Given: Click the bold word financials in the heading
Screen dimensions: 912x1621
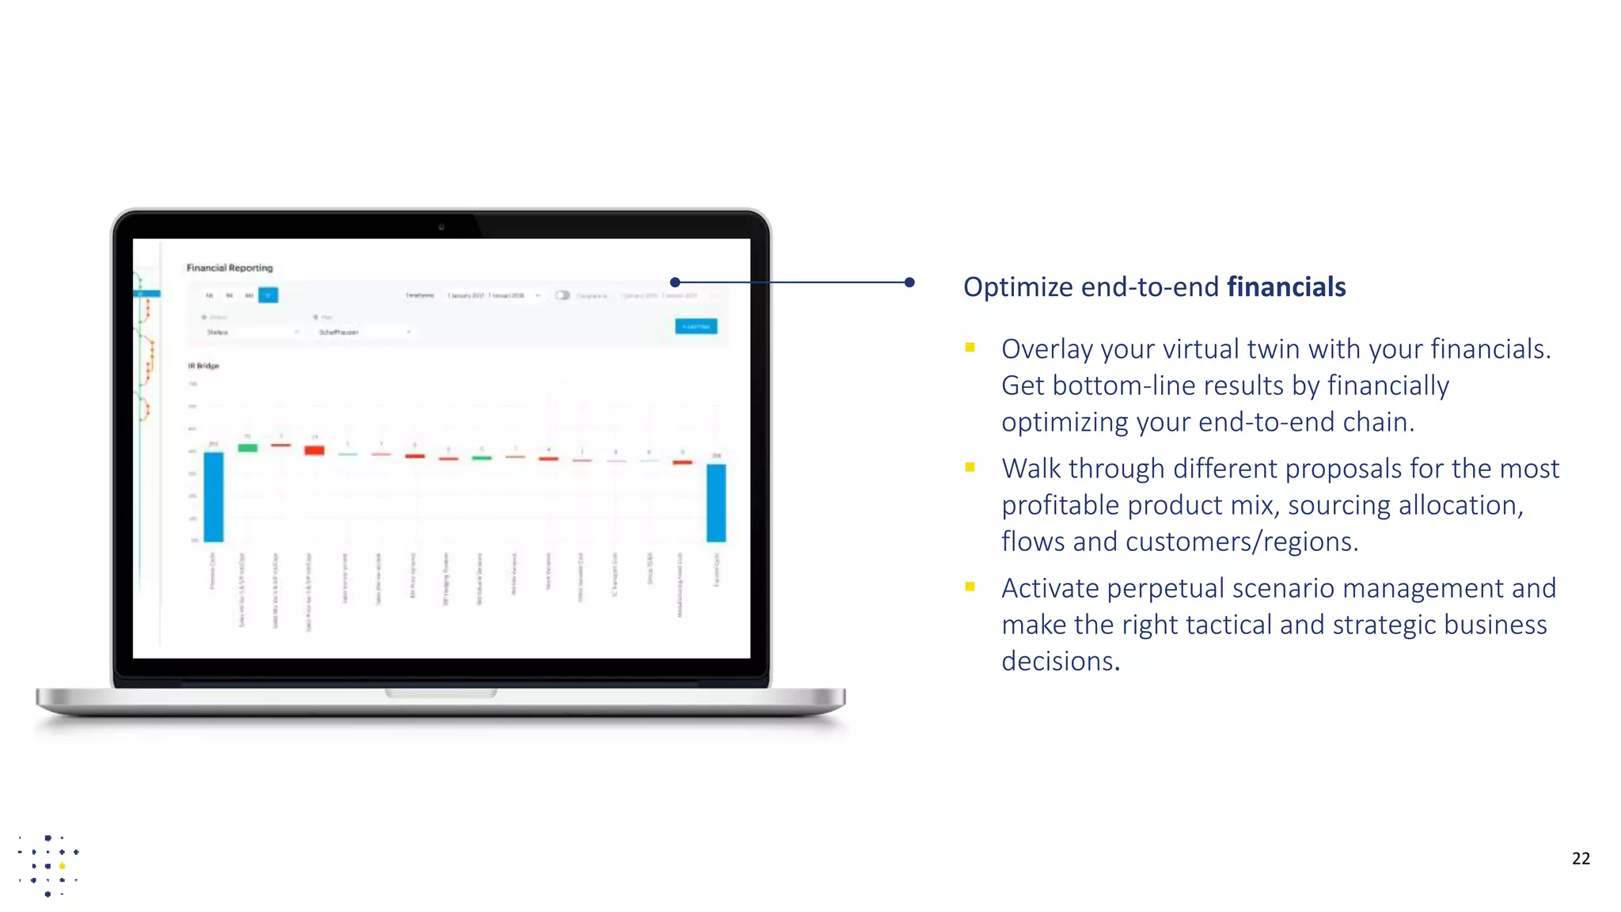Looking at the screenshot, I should coord(1285,287).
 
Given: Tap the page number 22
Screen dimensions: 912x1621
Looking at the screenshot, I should coord(1580,858).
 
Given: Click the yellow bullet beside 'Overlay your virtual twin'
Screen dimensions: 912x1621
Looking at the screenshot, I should coord(970,347).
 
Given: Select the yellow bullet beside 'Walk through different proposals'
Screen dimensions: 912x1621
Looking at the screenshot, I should coord(970,467).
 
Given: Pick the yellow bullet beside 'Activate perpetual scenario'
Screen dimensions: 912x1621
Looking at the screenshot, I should coord(970,587).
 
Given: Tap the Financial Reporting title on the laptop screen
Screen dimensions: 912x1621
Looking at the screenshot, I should coord(230,268).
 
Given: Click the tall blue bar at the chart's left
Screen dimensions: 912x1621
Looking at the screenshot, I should coord(214,496).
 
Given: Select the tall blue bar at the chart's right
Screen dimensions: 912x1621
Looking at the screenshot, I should coord(716,503).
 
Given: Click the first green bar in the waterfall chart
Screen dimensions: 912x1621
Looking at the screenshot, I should coord(248,448).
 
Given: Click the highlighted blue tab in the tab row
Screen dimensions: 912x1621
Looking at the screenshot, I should coord(268,295).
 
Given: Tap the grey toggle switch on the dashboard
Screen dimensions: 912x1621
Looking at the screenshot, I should coord(562,295).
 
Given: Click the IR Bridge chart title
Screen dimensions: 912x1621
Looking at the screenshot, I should coord(203,366).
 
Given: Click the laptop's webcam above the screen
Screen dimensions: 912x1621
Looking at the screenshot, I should coord(442,227).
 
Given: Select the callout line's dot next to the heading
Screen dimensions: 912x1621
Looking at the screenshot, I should coord(909,282).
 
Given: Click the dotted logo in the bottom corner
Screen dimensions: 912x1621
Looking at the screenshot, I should coord(47,864).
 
